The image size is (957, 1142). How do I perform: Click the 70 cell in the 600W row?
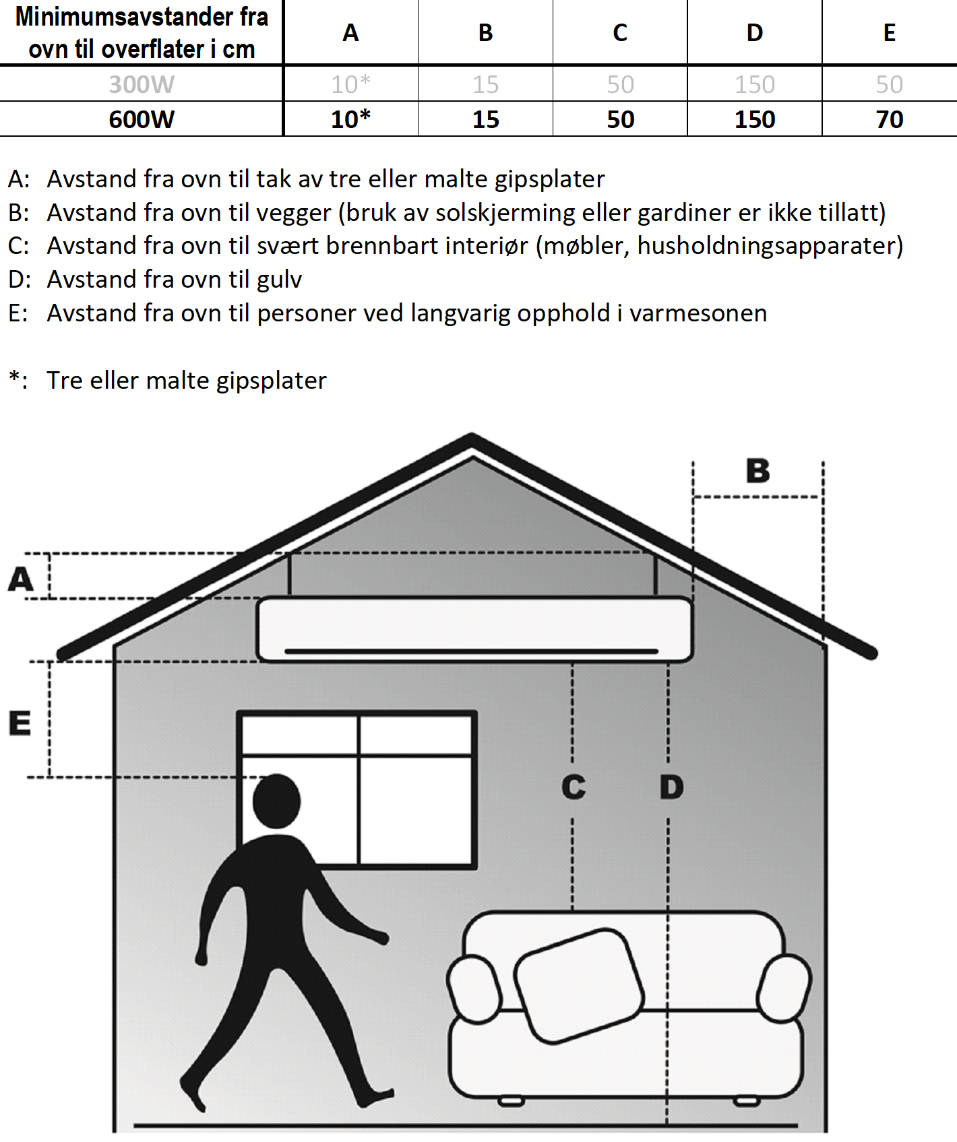click(889, 119)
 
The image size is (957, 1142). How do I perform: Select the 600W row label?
click(142, 119)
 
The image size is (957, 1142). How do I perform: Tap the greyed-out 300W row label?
click(142, 84)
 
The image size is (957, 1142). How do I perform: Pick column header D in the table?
click(755, 32)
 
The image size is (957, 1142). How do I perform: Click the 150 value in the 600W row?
click(755, 119)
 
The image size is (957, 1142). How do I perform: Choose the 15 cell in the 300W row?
click(485, 84)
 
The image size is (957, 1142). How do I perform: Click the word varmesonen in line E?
click(698, 313)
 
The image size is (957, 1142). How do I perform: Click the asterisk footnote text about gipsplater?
click(187, 381)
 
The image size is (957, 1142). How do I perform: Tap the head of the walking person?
click(276, 801)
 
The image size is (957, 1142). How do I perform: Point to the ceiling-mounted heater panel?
click(474, 629)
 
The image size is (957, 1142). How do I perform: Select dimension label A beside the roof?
click(20, 579)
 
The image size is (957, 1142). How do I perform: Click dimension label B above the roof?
click(758, 471)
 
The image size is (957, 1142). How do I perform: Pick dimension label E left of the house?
click(20, 723)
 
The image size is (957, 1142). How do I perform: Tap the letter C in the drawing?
click(574, 787)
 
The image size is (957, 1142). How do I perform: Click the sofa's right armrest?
click(784, 988)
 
